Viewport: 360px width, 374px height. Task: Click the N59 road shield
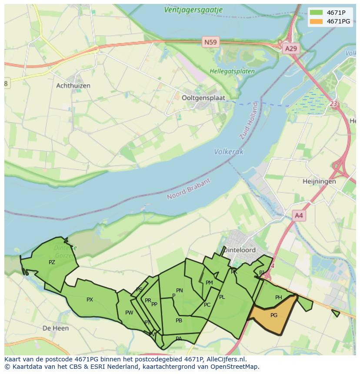click(210, 42)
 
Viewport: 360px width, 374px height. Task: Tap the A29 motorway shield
click(290, 48)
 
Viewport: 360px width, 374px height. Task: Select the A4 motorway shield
click(299, 215)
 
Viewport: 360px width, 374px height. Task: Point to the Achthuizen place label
click(73, 86)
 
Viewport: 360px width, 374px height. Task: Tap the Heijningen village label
click(320, 181)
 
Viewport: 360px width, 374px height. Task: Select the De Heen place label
click(56, 328)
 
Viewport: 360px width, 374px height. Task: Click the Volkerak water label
click(229, 152)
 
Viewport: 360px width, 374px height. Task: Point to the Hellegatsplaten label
click(226, 71)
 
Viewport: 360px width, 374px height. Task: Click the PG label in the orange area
click(274, 315)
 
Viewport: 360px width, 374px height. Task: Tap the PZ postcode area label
click(52, 262)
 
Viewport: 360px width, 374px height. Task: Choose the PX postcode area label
click(90, 300)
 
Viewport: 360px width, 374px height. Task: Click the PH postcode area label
click(279, 298)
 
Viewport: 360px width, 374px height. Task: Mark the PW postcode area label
click(129, 313)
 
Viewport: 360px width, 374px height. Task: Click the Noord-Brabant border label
click(189, 189)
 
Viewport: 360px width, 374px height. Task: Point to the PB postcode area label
click(179, 321)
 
